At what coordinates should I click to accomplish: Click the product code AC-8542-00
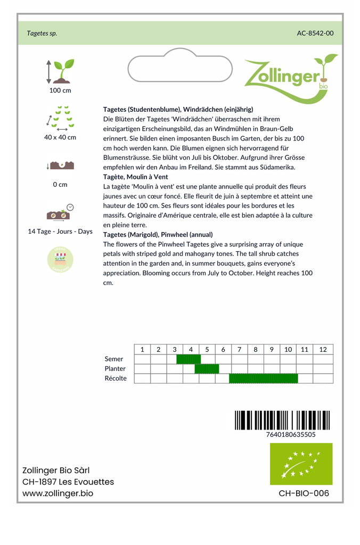pos(315,33)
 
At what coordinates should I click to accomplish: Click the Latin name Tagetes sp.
pos(42,33)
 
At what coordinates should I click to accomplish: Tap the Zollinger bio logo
pos(290,77)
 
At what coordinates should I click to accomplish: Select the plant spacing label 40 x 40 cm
pos(60,137)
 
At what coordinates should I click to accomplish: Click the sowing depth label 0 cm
pos(60,185)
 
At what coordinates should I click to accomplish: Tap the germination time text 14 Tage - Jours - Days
pos(60,232)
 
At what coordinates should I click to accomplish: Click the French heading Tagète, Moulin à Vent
pos(135,177)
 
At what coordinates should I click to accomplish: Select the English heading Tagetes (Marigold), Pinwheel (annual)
pos(158,234)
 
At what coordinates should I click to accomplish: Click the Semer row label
pos(114,359)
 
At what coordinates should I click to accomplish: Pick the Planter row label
pos(115,369)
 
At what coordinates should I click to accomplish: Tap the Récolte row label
pos(116,378)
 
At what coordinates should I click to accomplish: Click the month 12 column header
pos(323,350)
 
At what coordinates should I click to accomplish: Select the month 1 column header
pos(142,350)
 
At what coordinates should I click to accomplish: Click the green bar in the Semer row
pos(189,359)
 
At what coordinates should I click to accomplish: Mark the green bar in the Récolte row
pos(263,378)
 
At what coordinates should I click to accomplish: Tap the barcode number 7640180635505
pos(290,434)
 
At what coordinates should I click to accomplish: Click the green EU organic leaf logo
pos(301,464)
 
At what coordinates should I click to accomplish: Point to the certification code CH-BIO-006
pos(304,493)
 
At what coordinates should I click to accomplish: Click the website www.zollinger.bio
pos(58,493)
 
